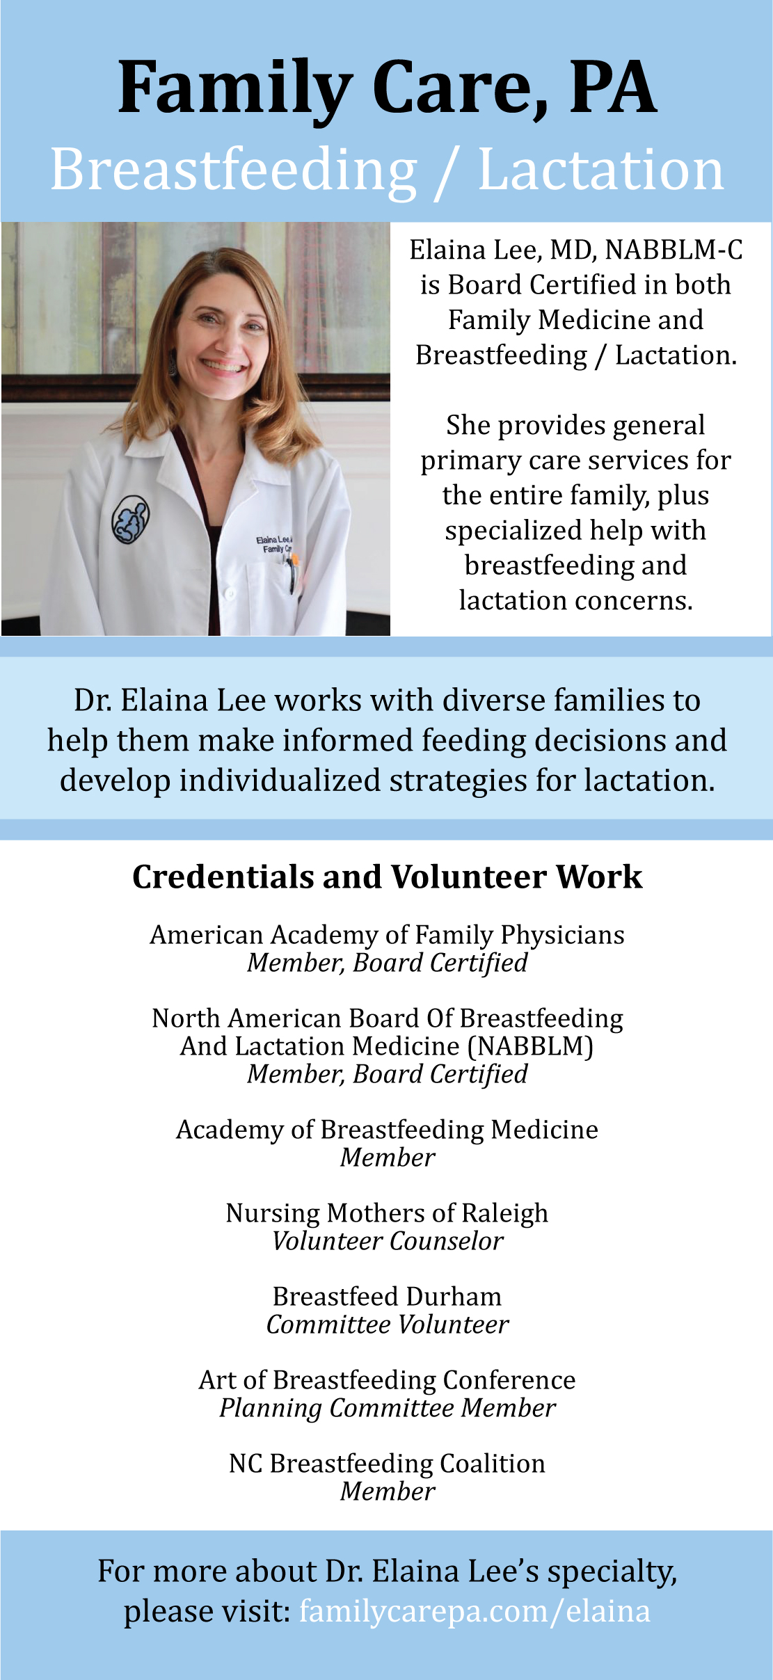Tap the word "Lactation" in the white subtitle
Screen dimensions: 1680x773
(x=601, y=170)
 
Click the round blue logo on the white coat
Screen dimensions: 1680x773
(x=131, y=519)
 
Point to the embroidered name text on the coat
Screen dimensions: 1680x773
(x=274, y=544)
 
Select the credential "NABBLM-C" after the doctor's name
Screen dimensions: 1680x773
(x=674, y=250)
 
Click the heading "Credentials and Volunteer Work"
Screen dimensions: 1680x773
(x=387, y=877)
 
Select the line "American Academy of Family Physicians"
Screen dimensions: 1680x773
(x=387, y=935)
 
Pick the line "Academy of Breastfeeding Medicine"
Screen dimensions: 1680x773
(x=387, y=1130)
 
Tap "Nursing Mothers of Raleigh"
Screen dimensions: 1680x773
(x=387, y=1213)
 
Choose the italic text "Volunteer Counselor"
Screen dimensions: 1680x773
(x=387, y=1241)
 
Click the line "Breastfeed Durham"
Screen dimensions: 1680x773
(x=387, y=1297)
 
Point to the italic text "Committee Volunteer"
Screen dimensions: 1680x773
(x=387, y=1325)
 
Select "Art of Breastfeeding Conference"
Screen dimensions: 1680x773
(x=387, y=1380)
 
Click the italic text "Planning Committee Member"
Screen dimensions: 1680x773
(x=387, y=1408)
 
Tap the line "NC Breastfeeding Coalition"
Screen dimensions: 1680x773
(x=387, y=1464)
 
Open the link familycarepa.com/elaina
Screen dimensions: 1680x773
(x=475, y=1611)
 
